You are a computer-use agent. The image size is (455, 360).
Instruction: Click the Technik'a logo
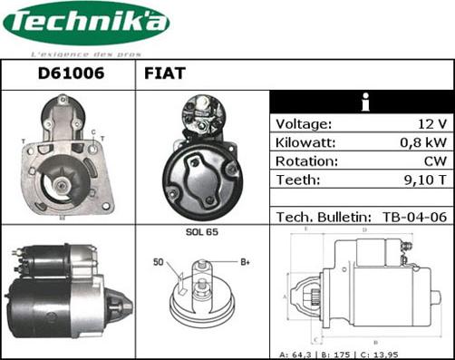click(x=86, y=24)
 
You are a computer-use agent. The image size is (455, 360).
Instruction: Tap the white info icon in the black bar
click(x=362, y=102)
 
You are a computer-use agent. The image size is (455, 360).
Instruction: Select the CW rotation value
click(x=434, y=161)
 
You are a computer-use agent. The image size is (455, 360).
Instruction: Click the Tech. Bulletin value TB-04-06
click(x=413, y=217)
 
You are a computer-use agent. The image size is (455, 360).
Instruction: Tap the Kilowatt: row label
click(x=306, y=143)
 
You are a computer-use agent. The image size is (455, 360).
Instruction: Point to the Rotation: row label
click(x=306, y=161)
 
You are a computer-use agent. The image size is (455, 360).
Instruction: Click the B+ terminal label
click(x=244, y=264)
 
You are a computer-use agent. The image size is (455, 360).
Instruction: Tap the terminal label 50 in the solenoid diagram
click(x=159, y=263)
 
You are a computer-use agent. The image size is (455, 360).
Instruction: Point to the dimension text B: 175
click(x=361, y=352)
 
